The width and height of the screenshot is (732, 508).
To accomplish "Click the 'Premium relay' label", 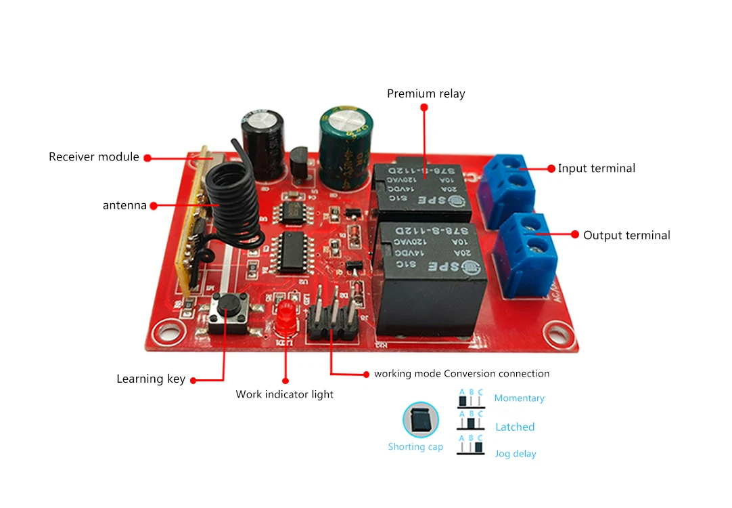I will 426,93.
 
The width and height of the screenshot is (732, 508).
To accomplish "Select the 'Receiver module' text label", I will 93,157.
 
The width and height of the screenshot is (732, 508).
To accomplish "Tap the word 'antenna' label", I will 124,205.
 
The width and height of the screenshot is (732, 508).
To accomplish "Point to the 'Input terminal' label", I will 596,169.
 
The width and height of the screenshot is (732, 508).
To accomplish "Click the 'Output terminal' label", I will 626,236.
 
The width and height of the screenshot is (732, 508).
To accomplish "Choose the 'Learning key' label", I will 150,379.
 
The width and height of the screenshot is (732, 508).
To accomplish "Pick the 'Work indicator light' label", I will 284,394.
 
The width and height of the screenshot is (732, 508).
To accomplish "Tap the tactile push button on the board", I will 227,311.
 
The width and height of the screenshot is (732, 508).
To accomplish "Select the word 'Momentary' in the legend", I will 519,398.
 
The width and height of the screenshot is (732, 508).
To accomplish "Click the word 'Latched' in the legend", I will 515,427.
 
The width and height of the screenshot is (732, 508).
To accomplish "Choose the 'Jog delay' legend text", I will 515,454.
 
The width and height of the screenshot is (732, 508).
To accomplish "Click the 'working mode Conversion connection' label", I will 461,374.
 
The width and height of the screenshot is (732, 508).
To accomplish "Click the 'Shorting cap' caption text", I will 415,447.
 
